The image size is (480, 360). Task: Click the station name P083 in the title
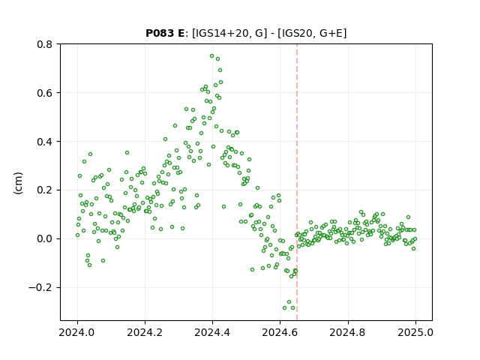pos(160,33)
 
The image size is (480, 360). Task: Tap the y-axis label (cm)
pos(18,183)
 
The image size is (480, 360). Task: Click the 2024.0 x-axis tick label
pos(77,332)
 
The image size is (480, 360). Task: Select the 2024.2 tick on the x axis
pos(145,332)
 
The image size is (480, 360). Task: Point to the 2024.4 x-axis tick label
pos(212,332)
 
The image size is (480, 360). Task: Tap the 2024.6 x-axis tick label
pos(280,332)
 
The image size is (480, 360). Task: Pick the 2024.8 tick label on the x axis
pos(348,332)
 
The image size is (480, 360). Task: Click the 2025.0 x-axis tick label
pos(415,332)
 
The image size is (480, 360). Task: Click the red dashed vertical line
pos(297,182)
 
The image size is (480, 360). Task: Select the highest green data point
pos(211,56)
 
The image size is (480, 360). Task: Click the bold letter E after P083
pos(181,33)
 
